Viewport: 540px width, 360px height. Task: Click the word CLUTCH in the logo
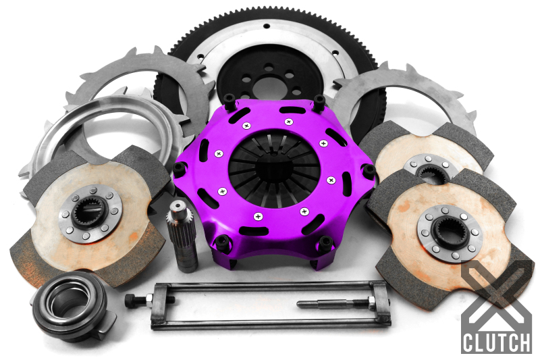pos(497,342)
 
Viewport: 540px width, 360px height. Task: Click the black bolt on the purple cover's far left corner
pos(180,169)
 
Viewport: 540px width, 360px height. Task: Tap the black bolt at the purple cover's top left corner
pos(229,102)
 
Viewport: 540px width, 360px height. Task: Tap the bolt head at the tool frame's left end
pos(129,298)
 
